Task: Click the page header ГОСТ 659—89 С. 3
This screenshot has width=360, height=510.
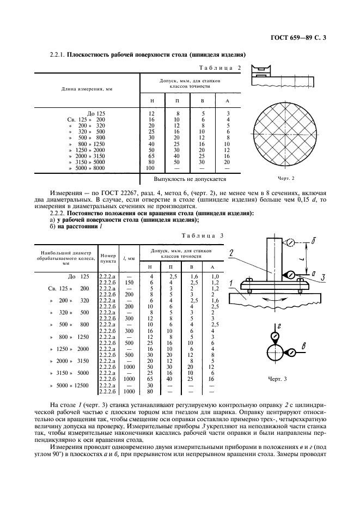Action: click(301, 38)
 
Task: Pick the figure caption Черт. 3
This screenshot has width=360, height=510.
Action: click(277, 378)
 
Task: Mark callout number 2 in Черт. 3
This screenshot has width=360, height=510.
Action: click(232, 252)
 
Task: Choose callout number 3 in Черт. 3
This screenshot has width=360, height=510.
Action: click(322, 277)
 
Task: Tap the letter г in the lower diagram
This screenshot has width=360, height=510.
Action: click(279, 325)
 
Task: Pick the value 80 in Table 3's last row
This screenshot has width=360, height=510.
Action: click(150, 391)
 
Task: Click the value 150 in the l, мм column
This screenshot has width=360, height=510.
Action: click(129, 282)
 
